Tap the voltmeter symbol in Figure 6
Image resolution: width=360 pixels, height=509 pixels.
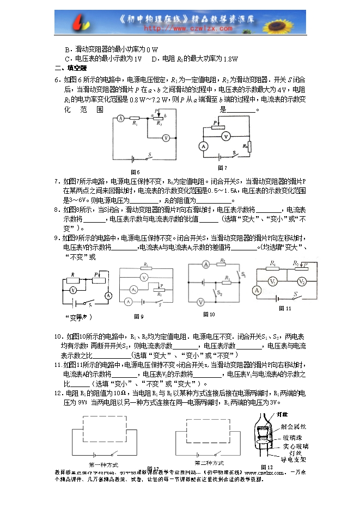pyautogui.click(x=165, y=138)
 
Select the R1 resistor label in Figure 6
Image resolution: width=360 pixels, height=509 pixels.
pyautogui.click(x=134, y=124)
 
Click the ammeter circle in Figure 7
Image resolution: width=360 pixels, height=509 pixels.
pyautogui.click(x=203, y=146)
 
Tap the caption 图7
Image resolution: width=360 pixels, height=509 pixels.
pyautogui.click(x=222, y=167)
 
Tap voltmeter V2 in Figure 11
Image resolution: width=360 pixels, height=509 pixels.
pyautogui.click(x=301, y=281)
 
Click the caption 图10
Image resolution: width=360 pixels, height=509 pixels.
pyautogui.click(x=209, y=314)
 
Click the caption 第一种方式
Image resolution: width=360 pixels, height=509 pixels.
pyautogui.click(x=103, y=464)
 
